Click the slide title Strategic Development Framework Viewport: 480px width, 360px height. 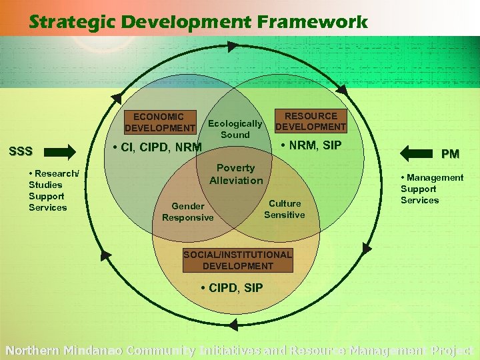198,22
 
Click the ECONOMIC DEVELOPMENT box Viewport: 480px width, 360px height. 160,122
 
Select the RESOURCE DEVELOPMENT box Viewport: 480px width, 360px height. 311,121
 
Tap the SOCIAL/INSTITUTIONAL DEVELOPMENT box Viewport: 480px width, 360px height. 238,260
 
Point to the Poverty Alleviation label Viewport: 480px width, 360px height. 236,174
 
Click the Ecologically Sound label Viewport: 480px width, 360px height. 235,129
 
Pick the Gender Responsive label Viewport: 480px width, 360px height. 187,212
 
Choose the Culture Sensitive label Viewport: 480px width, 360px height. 285,209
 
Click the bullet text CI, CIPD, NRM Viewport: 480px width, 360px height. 157,147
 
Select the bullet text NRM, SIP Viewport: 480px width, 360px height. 310,145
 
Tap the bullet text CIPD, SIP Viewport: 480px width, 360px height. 232,288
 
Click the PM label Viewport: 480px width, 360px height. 450,154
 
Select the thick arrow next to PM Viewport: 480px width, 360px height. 419,154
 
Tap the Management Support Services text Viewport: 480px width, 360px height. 431,189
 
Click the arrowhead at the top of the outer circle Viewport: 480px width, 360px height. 231,47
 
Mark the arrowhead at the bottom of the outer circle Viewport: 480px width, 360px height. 233,325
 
